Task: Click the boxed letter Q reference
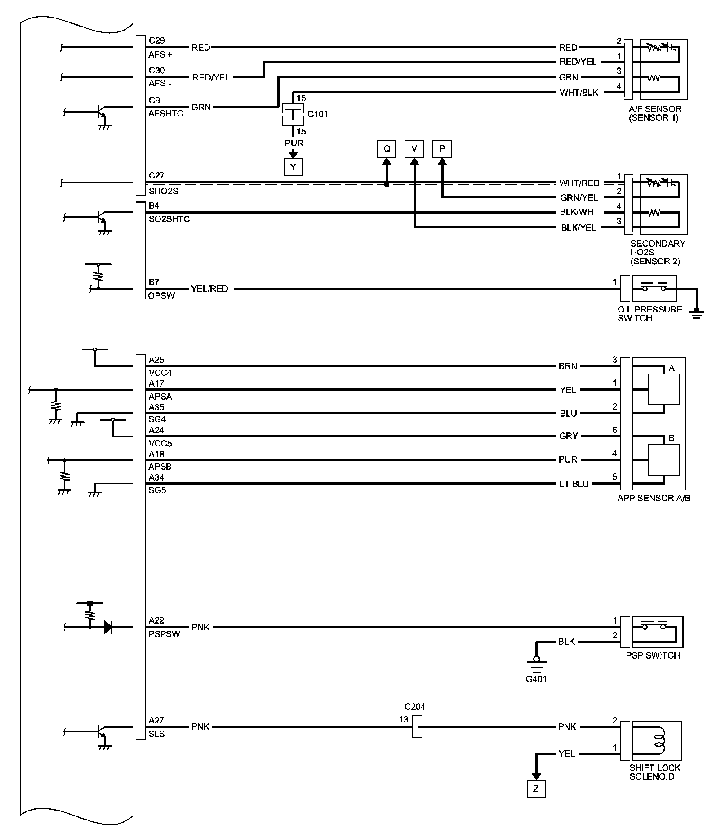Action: point(386,149)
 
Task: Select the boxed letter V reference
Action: point(414,149)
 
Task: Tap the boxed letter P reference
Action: point(442,149)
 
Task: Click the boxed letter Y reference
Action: point(293,167)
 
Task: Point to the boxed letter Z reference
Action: point(536,788)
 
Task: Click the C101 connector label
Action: point(317,114)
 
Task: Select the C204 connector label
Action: point(414,706)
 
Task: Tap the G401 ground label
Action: point(536,679)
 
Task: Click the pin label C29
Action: point(157,40)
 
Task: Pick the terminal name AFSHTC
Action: point(166,114)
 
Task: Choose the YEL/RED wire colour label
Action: point(209,289)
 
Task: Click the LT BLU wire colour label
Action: point(574,484)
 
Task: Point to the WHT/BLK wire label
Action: point(579,93)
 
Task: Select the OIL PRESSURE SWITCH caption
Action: point(650,314)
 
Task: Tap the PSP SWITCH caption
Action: point(653,655)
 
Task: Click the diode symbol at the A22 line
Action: point(108,627)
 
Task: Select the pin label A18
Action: point(156,454)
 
